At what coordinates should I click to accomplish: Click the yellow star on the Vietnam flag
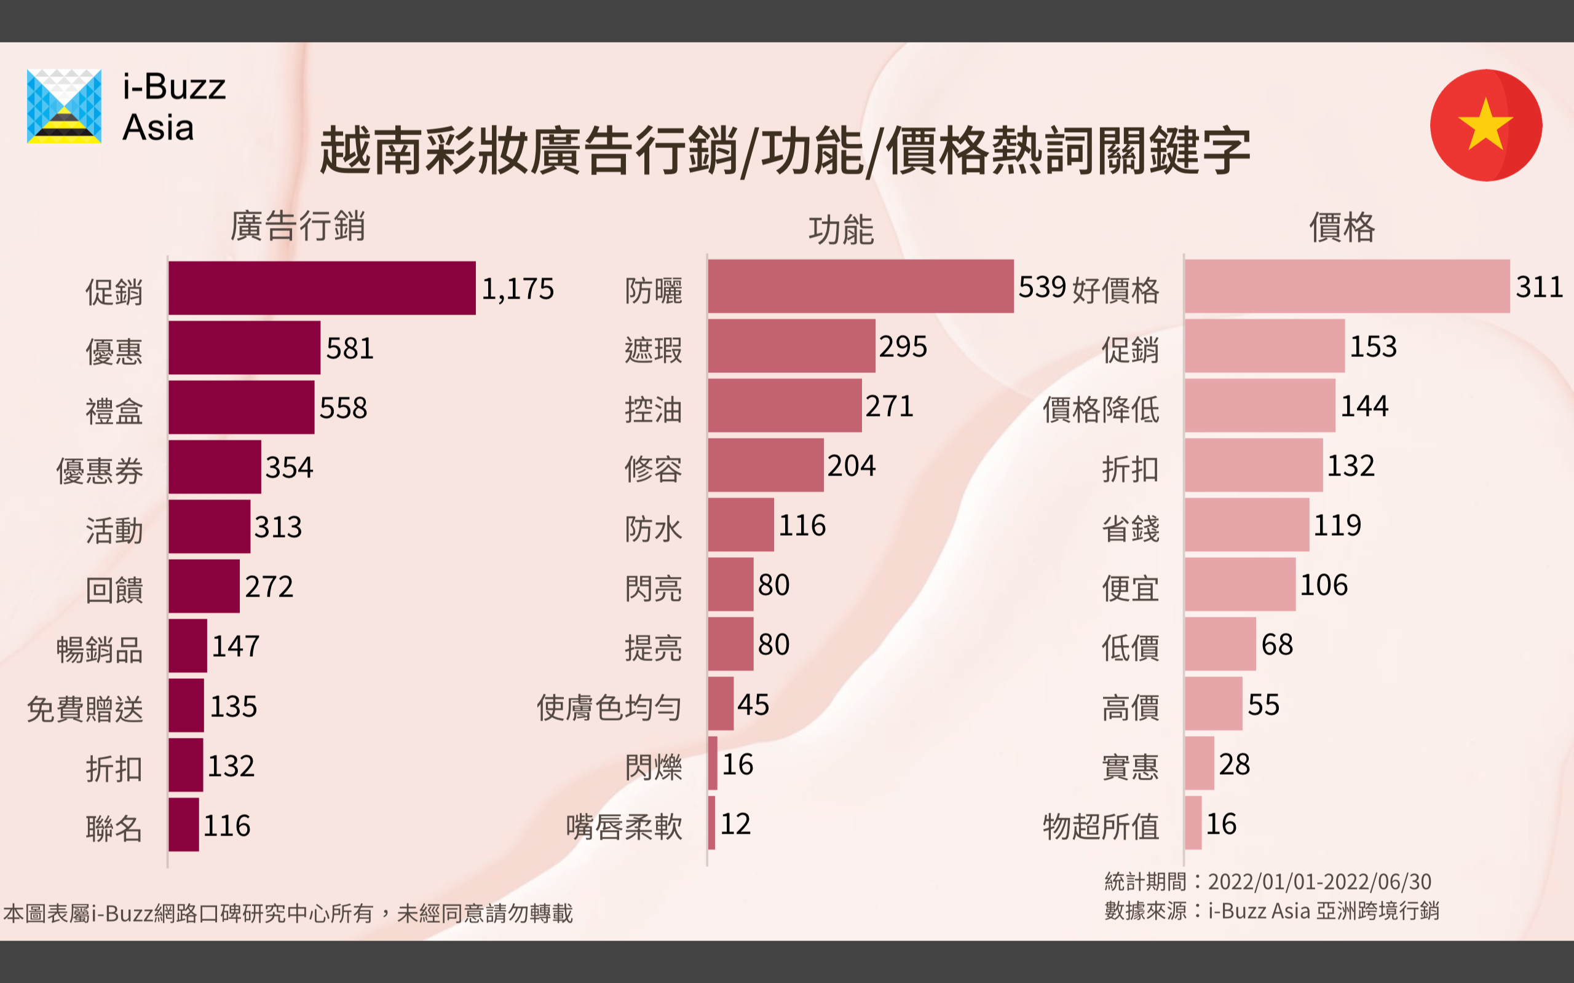[x=1485, y=123]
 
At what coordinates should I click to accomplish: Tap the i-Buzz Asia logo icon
[x=64, y=106]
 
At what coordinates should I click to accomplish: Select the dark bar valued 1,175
[x=322, y=288]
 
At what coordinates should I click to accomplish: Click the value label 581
[x=350, y=348]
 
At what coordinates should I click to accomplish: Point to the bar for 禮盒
[x=241, y=407]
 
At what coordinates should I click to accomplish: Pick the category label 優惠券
[x=100, y=471]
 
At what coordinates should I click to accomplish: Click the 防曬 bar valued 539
[x=861, y=286]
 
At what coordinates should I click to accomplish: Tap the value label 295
[x=903, y=347]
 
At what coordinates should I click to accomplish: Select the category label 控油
[x=653, y=410]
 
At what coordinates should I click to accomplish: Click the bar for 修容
[x=765, y=466]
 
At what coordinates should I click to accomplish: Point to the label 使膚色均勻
[x=609, y=707]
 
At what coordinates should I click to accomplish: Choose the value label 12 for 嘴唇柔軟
[x=735, y=824]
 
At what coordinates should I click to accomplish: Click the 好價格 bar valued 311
[x=1347, y=286]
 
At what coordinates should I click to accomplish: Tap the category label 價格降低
[x=1101, y=410]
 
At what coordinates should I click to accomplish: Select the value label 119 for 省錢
[x=1337, y=525]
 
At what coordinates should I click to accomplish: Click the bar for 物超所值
[x=1193, y=823]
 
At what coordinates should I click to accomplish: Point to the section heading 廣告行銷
[x=297, y=225]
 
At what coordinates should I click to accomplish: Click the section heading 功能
[x=841, y=230]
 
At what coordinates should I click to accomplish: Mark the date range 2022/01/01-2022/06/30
[x=1319, y=882]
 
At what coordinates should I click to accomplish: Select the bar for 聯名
[x=183, y=824]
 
